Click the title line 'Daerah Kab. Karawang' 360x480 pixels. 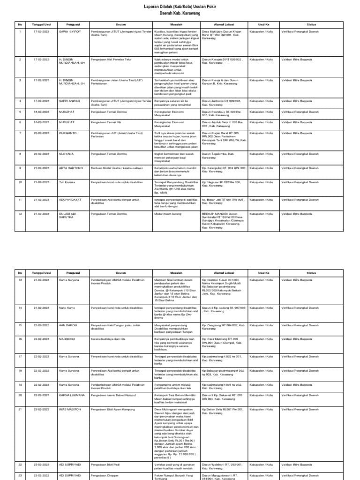[180, 14]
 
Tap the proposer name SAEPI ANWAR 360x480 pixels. [69, 101]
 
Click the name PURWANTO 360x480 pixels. [69, 133]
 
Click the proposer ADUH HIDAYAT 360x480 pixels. [70, 199]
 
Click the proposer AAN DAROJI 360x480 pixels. [68, 324]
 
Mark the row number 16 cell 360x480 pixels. [20, 337]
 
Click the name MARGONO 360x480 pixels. [67, 337]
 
